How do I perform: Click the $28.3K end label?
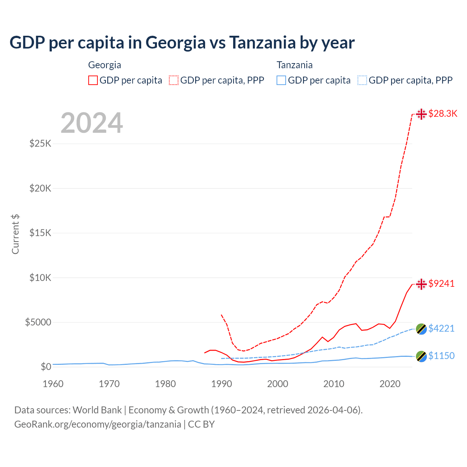(443, 113)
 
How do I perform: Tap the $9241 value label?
(441, 283)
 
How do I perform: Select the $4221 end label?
(441, 328)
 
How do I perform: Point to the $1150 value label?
(441, 356)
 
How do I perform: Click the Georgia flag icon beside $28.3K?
(421, 114)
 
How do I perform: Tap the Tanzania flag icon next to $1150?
(421, 356)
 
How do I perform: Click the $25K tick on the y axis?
(40, 143)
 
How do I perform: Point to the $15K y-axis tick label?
(40, 233)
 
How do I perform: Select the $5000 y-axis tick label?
(38, 322)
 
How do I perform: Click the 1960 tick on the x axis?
(53, 384)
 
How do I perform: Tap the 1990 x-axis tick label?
(221, 384)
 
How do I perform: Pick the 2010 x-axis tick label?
(334, 384)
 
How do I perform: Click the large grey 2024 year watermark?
(92, 123)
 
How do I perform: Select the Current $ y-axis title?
(15, 234)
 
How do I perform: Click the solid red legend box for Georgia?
(93, 80)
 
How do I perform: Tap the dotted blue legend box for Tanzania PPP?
(362, 80)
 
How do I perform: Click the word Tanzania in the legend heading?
(294, 65)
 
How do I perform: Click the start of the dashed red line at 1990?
(221, 315)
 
